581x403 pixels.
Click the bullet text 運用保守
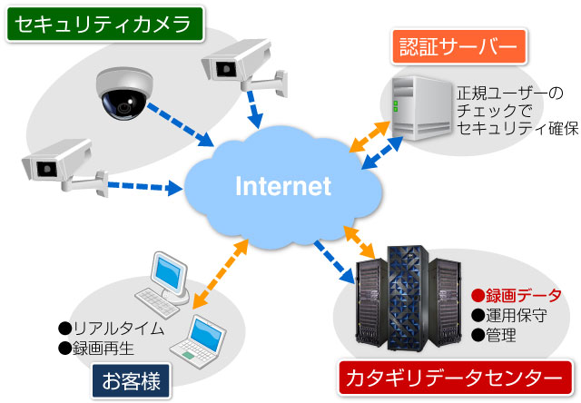(516, 316)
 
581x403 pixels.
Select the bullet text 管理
(500, 336)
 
